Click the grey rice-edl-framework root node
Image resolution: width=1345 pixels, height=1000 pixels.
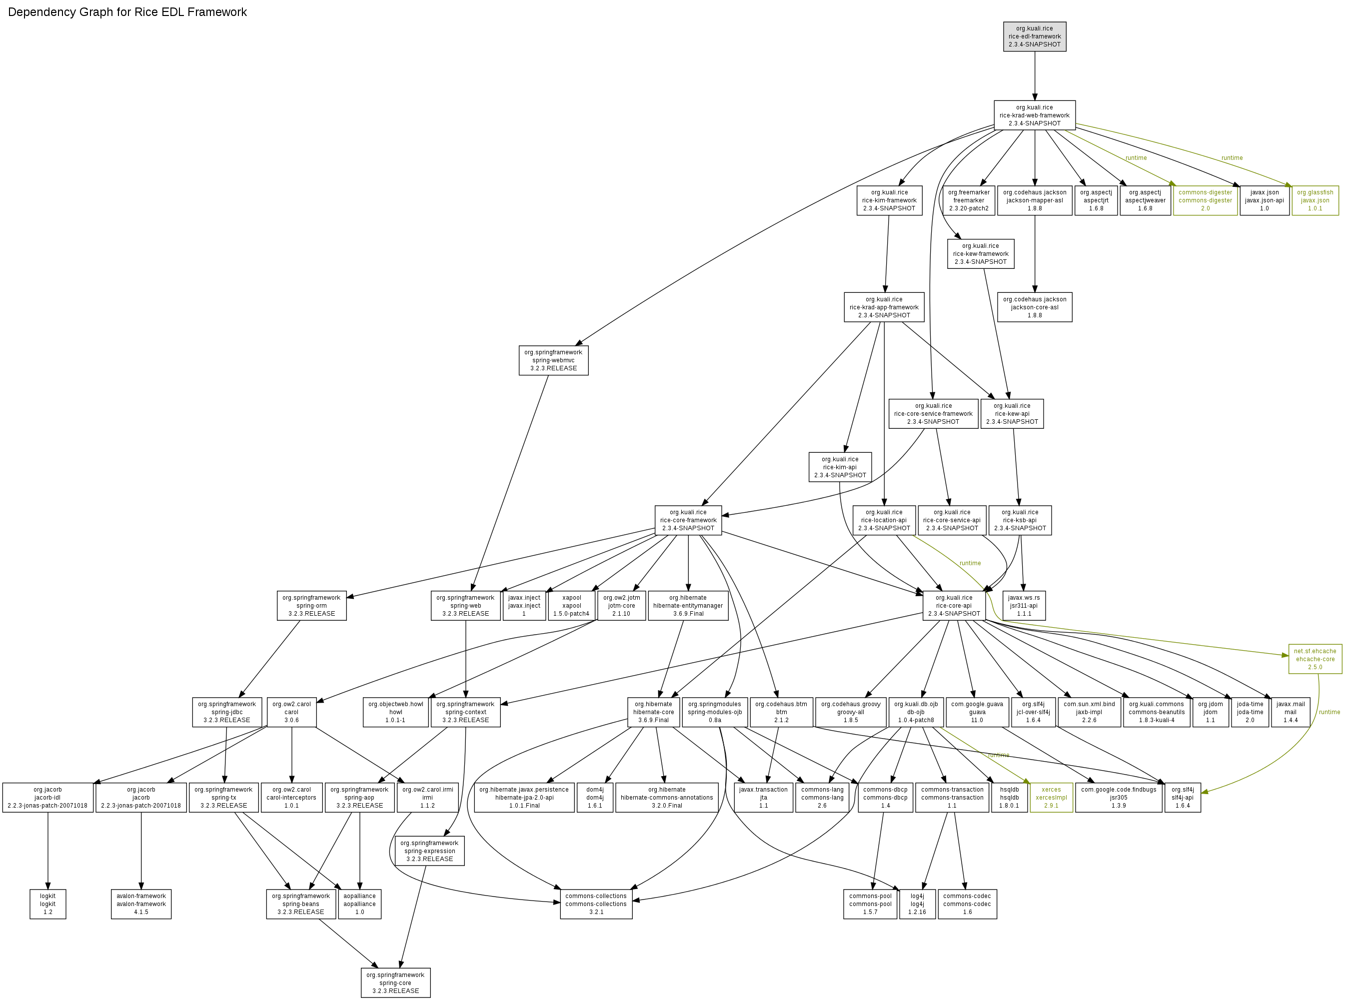pos(1034,36)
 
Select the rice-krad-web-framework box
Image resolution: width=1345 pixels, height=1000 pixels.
pos(1034,115)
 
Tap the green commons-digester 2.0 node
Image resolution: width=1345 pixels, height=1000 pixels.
pos(1205,200)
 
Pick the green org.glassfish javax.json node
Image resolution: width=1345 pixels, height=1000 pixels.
pos(1314,200)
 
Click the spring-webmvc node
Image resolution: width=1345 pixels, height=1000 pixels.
pos(553,360)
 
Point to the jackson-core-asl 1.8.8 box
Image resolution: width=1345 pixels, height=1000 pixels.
pos(1034,307)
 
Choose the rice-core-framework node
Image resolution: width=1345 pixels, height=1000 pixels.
pos(688,520)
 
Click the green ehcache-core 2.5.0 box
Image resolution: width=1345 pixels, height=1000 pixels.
pos(1315,659)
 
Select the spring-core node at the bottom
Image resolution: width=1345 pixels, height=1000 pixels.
pos(395,983)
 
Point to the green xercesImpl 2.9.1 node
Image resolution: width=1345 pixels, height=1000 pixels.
pos(1051,797)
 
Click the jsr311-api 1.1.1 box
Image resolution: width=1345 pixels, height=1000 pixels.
pos(1023,605)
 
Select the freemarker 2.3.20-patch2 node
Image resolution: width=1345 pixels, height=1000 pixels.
pos(968,200)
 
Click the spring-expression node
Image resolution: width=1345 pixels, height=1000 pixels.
pos(429,851)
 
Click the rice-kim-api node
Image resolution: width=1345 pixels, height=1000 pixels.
pos(840,467)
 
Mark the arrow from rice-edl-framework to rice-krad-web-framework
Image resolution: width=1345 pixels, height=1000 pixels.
pos(1034,75)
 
